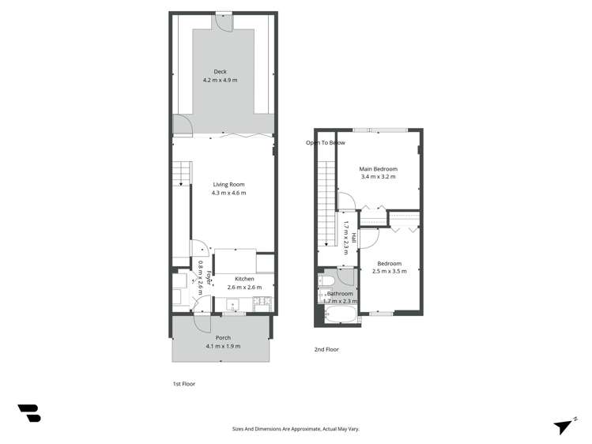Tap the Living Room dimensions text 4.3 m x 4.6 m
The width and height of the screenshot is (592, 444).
228,194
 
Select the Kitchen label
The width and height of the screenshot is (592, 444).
244,279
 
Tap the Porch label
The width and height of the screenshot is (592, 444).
223,337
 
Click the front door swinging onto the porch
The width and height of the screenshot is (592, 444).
202,322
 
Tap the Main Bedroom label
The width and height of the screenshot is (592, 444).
378,169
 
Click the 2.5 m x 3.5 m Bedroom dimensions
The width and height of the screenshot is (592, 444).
389,272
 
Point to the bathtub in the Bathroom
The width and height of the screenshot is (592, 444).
340,315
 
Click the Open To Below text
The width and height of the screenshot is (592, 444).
326,143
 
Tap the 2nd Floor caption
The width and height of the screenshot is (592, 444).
326,349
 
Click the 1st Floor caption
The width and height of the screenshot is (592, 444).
183,384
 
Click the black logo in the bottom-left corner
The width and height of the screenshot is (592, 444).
29,412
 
